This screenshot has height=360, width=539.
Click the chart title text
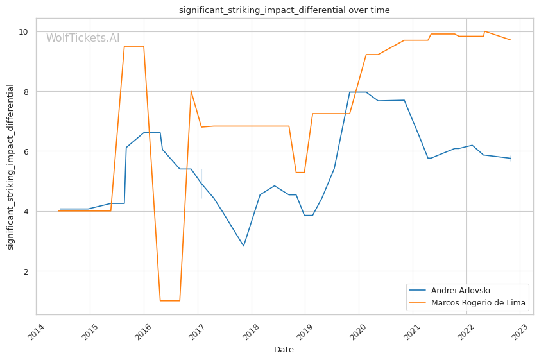(284, 10)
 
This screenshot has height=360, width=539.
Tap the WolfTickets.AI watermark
(83, 39)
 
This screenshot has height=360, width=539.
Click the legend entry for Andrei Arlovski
(461, 291)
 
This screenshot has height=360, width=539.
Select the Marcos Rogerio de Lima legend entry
(478, 303)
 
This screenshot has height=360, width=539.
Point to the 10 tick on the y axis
(23, 31)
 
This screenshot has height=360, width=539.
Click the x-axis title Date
(284, 350)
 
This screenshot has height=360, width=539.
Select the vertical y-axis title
(11, 167)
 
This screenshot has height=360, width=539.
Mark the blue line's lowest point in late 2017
(243, 246)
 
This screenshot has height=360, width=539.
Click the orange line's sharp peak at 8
(191, 91)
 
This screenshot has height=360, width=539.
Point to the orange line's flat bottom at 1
(169, 300)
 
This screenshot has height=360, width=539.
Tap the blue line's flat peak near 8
(358, 92)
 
